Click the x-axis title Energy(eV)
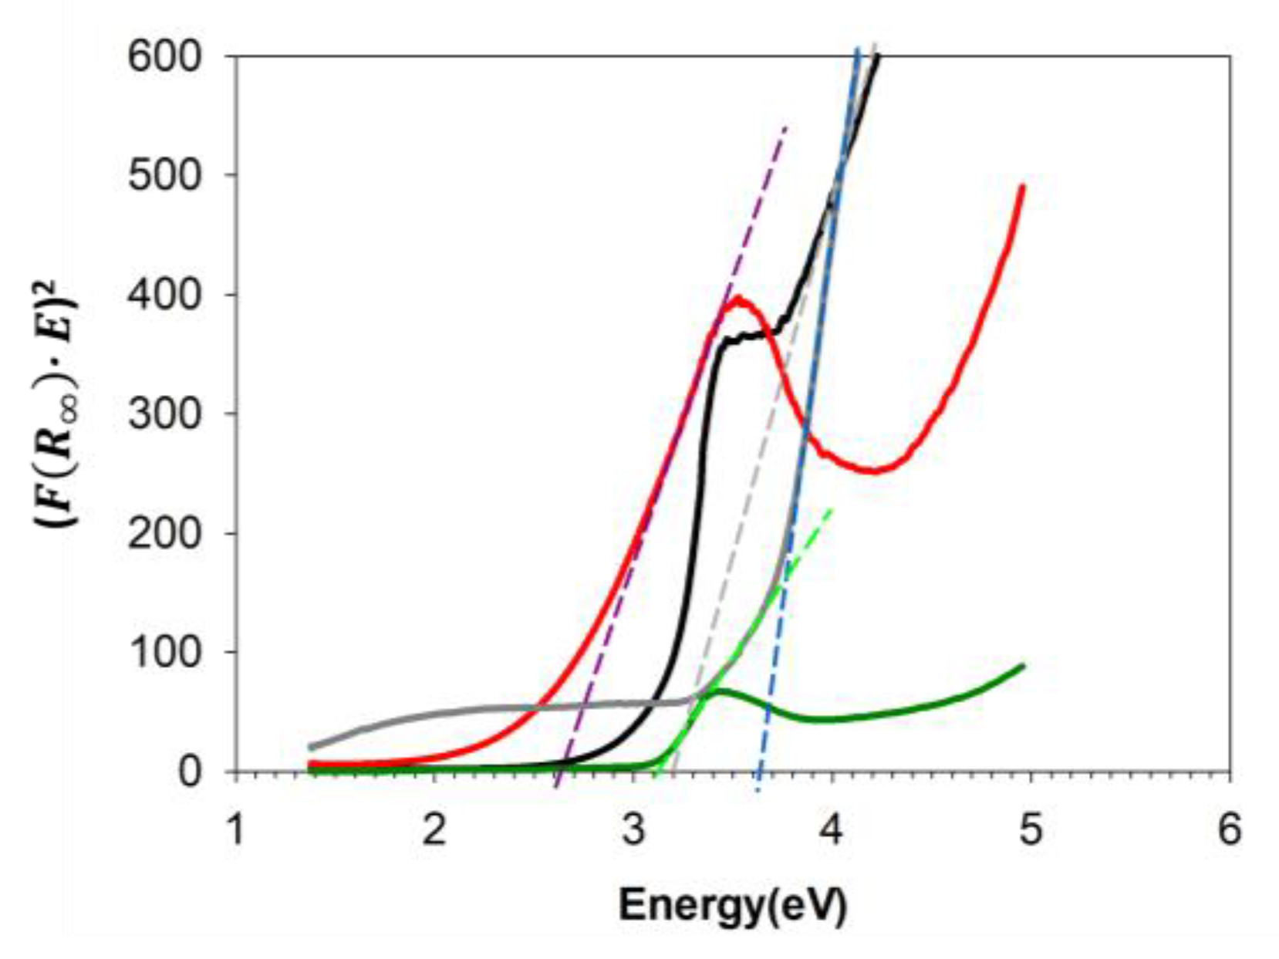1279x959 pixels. pos(732,903)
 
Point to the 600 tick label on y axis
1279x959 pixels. pos(164,56)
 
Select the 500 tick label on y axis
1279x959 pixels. pos(164,175)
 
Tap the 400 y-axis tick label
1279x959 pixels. pos(164,295)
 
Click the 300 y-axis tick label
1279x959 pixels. pos(164,414)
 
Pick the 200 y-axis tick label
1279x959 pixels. pos(164,533)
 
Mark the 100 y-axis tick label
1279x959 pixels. pos(164,653)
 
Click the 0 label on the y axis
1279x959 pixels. pos(190,772)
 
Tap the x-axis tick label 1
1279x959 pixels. pos(235,830)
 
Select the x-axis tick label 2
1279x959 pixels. pos(434,830)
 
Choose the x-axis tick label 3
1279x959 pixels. pos(633,830)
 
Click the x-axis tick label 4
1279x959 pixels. pos(832,830)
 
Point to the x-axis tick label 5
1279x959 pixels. pos(1031,830)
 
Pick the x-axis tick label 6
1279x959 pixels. pos(1229,830)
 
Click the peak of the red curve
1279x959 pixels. pos(739,298)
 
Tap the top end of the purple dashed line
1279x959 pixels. pos(786,125)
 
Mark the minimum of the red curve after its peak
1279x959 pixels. pos(873,471)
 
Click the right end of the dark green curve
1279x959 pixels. pos(1023,666)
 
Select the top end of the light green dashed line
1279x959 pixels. pos(832,509)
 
